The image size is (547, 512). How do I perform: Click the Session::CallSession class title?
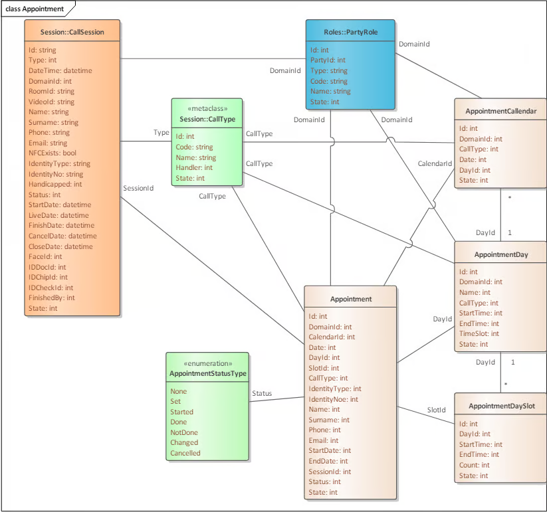point(72,32)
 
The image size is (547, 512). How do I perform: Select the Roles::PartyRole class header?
point(350,32)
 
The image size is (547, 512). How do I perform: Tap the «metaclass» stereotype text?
point(207,108)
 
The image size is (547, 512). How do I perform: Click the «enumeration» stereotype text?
point(208,363)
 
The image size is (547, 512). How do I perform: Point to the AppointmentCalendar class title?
point(501,111)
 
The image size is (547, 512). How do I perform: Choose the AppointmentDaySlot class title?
point(502,406)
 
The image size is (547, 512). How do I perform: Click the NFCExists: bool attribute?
point(53,153)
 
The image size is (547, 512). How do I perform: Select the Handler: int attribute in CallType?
point(194,167)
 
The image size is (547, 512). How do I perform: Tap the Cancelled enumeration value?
point(185,453)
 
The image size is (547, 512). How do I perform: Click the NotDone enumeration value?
point(184,432)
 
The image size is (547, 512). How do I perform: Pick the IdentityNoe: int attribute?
point(333,399)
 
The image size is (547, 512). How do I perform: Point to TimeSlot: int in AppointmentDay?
point(479,333)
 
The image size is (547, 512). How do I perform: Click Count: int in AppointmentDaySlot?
point(474,465)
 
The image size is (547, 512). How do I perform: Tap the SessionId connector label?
point(138,188)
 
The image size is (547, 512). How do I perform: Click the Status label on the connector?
point(262,394)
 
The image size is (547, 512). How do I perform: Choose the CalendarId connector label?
point(435,163)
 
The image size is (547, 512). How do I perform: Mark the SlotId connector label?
point(437,410)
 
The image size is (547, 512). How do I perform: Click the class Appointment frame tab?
point(35,9)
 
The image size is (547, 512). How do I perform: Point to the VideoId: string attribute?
point(51,102)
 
